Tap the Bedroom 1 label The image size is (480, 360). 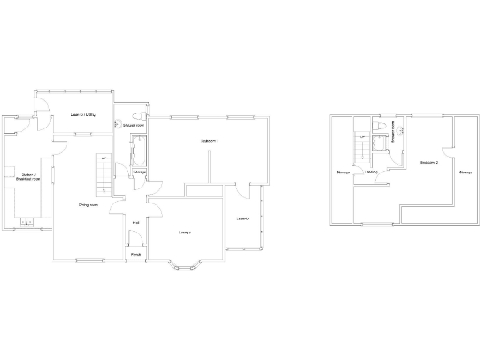coord(209,141)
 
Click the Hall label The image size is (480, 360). coord(136,222)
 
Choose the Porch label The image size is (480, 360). coord(136,254)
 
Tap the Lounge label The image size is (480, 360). coord(186,232)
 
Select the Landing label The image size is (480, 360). coord(371,172)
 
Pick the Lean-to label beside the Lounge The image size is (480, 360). coord(242,219)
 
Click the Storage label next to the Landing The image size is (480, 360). coord(343,172)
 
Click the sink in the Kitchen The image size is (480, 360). coord(25,223)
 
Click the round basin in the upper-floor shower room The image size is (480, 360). coord(397,130)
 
